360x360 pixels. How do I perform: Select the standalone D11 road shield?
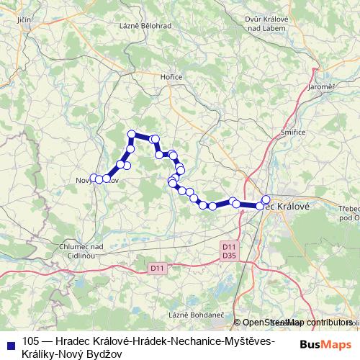(158, 269)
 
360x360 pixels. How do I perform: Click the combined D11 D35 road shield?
(230, 250)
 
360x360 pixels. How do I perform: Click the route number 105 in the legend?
(31, 340)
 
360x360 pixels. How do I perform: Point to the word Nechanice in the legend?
(184, 340)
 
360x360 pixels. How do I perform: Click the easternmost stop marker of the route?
(266, 199)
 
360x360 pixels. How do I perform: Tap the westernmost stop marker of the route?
(94, 178)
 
